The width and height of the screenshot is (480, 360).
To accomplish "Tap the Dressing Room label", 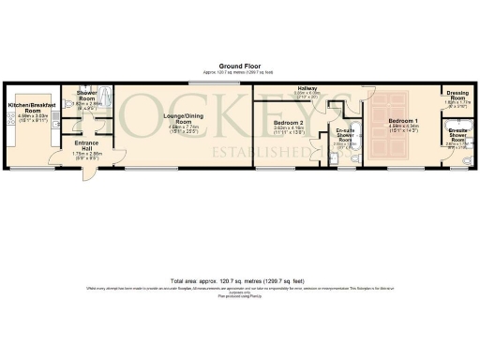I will click(457, 96).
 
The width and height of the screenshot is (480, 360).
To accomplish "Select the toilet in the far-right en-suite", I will click(468, 160).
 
